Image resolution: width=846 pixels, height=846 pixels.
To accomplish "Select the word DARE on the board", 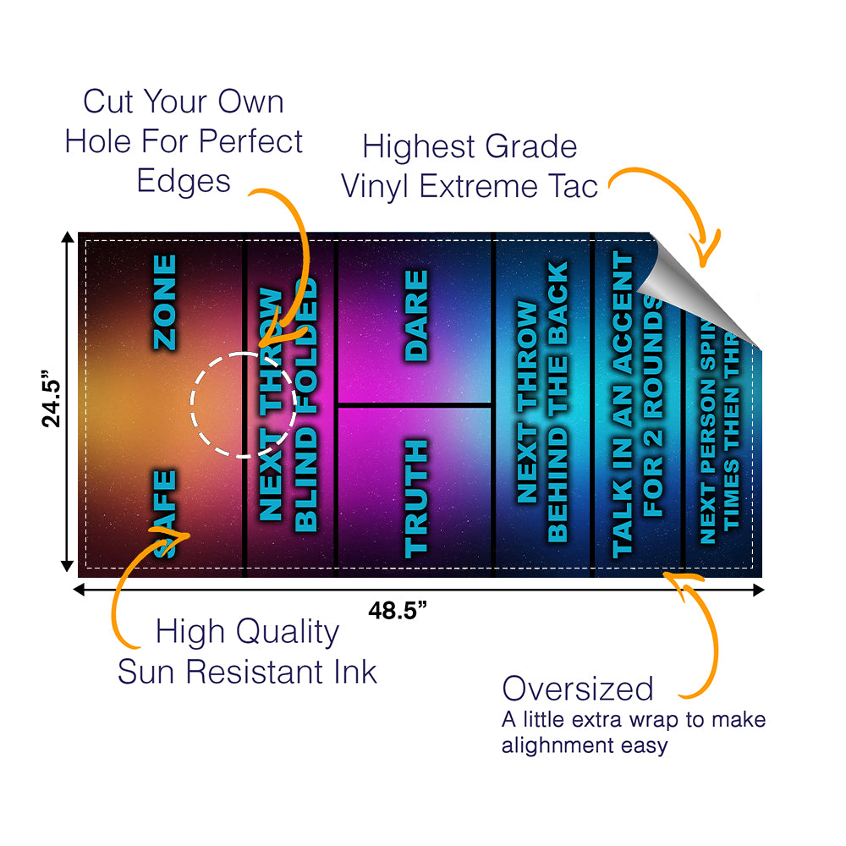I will (x=416, y=316).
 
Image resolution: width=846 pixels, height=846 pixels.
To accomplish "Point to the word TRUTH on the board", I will (x=416, y=497).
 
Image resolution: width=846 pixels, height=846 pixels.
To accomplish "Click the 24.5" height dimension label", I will (x=52, y=402).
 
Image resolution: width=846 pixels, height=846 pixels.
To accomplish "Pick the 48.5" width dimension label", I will (x=398, y=611).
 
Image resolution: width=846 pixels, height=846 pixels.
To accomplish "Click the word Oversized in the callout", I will (x=578, y=689).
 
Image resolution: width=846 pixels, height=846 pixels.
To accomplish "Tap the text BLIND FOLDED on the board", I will (x=306, y=404).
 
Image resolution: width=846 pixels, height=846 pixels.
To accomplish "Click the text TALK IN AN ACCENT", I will (x=622, y=404).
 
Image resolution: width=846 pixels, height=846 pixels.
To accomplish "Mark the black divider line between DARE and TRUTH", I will (x=415, y=405).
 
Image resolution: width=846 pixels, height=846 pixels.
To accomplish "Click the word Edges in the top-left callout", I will (x=184, y=181).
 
